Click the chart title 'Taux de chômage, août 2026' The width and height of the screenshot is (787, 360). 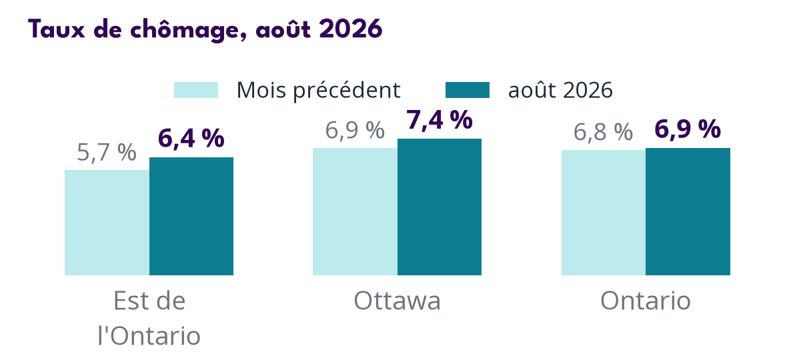point(205,29)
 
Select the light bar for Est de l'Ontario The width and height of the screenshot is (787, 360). point(107,223)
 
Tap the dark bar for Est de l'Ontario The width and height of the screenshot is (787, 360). point(191,216)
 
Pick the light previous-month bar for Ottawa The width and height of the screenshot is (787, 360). point(355,211)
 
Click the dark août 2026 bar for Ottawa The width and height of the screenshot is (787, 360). point(439,207)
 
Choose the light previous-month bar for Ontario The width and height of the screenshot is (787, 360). point(604,213)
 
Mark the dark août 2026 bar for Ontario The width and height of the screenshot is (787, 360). point(688,211)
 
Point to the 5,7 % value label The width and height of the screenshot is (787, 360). point(107,153)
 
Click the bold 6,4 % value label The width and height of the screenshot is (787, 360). point(191,139)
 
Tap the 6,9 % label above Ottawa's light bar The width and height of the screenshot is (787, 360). point(355,131)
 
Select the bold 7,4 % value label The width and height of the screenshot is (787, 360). point(439,121)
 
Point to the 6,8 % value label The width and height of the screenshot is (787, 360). point(604,133)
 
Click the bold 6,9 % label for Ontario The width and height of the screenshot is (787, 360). point(688,129)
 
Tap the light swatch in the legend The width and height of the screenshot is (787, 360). point(195,90)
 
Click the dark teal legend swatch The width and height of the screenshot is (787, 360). point(468,90)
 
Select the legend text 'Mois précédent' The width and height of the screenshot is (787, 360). point(319,90)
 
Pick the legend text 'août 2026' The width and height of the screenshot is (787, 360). point(561,90)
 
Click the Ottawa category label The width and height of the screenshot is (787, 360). point(397,301)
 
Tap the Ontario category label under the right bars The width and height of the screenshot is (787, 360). point(646,301)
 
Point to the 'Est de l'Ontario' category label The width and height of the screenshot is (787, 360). point(149,319)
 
